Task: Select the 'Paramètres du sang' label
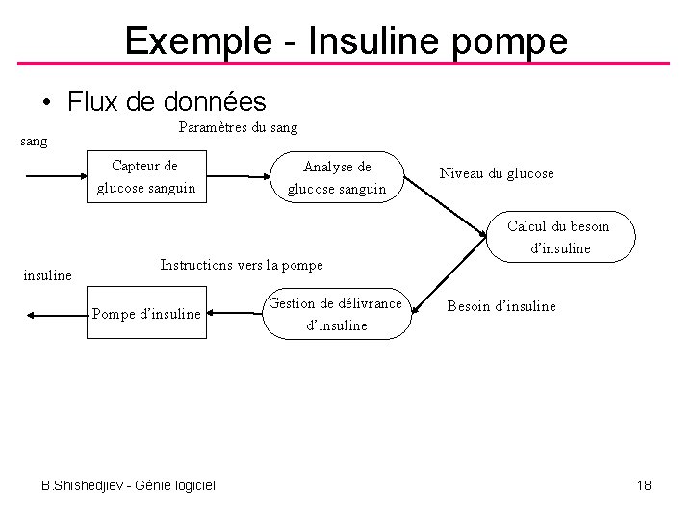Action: [238, 127]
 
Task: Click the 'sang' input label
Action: [34, 142]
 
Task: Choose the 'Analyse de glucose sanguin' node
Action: [337, 178]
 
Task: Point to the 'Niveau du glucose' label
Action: [497, 173]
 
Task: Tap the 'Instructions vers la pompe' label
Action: [242, 264]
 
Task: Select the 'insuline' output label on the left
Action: [47, 275]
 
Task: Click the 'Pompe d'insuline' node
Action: [146, 313]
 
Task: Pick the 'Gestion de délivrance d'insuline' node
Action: [336, 314]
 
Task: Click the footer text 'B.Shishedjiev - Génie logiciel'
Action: [128, 484]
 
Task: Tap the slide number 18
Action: [644, 485]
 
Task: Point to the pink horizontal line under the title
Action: [346, 65]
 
